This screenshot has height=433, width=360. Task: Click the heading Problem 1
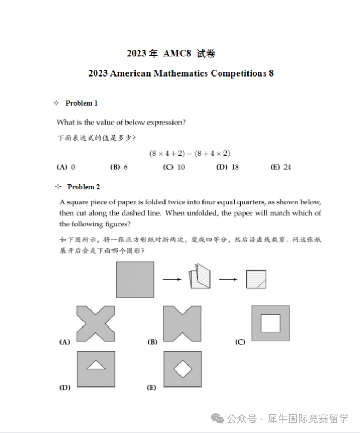[81, 103]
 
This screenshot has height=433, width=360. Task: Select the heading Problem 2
[84, 187]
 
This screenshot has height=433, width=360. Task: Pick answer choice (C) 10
[174, 167]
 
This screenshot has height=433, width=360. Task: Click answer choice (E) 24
[281, 167]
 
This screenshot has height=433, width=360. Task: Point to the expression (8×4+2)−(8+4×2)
[190, 153]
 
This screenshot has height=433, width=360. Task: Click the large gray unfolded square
[135, 279]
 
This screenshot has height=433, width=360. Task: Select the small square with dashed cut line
[256, 279]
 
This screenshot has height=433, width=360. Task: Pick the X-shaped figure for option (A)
[96, 323]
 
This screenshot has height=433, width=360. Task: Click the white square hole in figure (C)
[270, 323]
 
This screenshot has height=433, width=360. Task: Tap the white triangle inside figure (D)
[96, 365]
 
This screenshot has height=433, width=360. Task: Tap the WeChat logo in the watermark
[218, 418]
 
